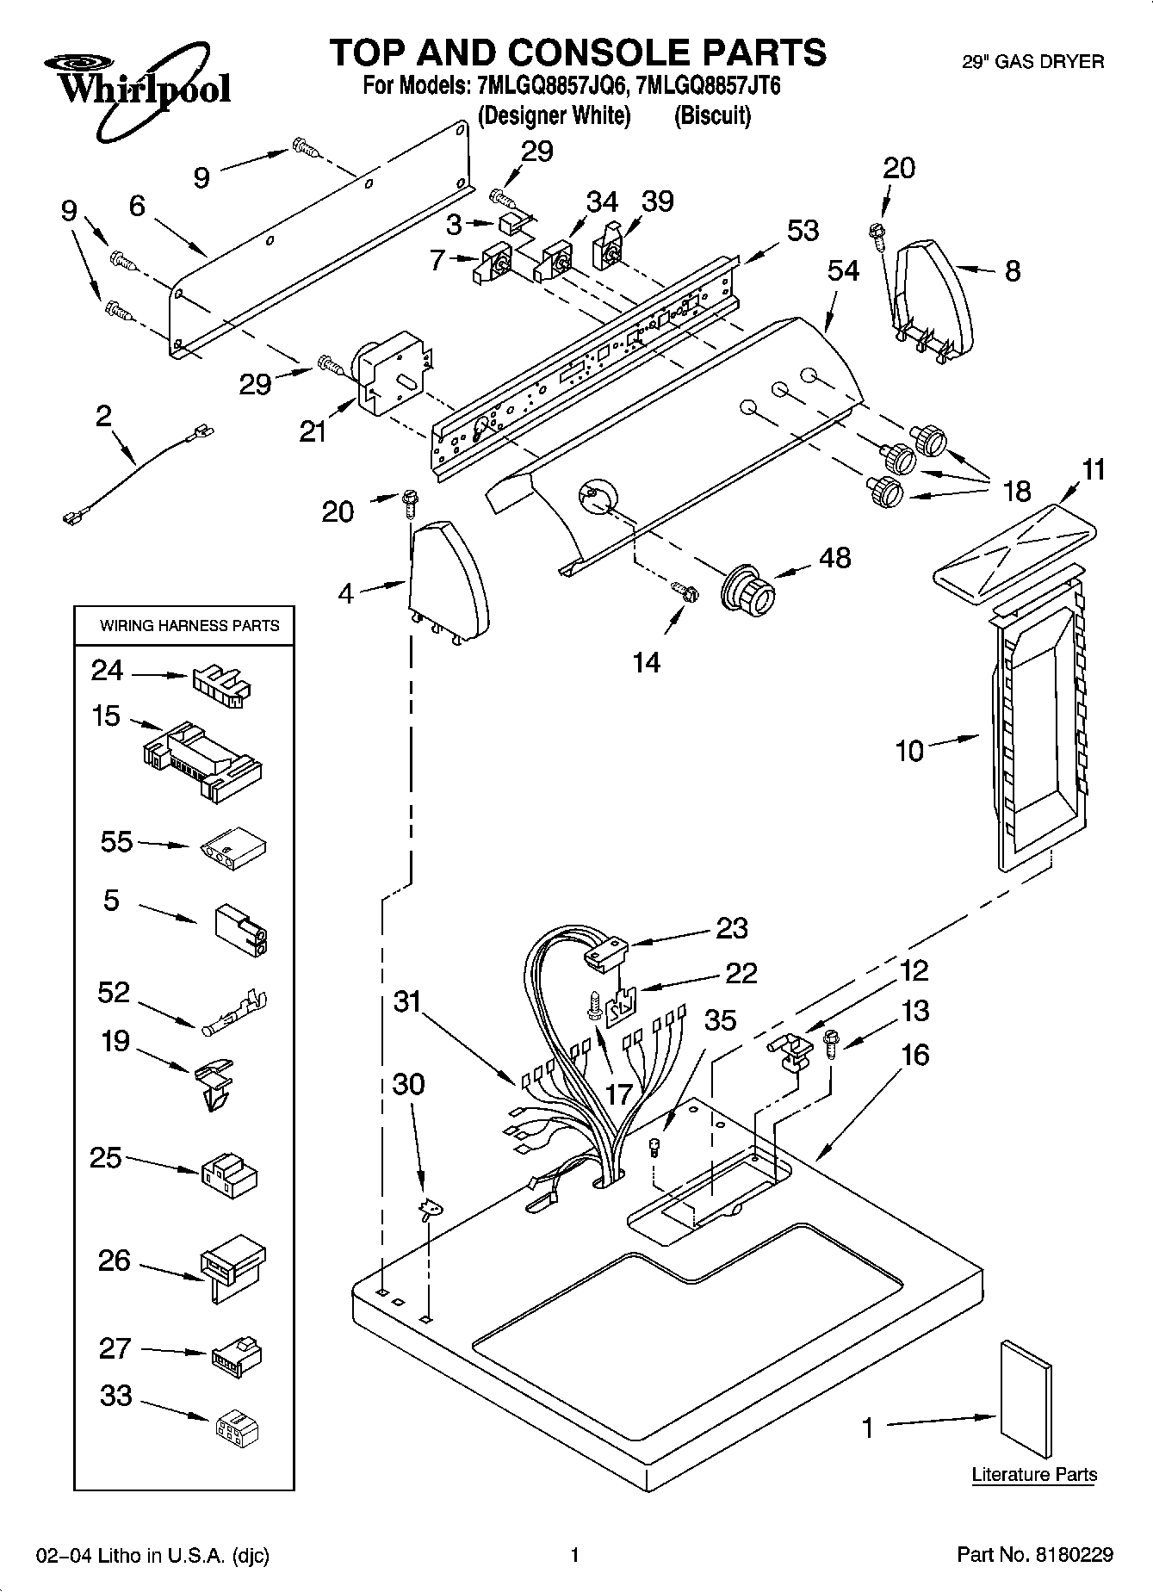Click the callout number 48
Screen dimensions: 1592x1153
834,557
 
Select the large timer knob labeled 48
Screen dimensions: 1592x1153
748,594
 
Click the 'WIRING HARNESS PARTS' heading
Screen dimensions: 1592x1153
189,626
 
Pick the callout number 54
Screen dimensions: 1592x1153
843,270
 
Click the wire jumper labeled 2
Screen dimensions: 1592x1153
138,473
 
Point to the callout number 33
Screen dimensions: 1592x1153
115,1396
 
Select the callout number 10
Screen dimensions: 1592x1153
909,751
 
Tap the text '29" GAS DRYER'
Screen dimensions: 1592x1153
1032,61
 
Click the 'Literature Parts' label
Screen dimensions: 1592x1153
1033,1475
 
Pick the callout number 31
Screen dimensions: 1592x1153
408,1001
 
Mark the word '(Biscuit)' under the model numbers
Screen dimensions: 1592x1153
712,115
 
